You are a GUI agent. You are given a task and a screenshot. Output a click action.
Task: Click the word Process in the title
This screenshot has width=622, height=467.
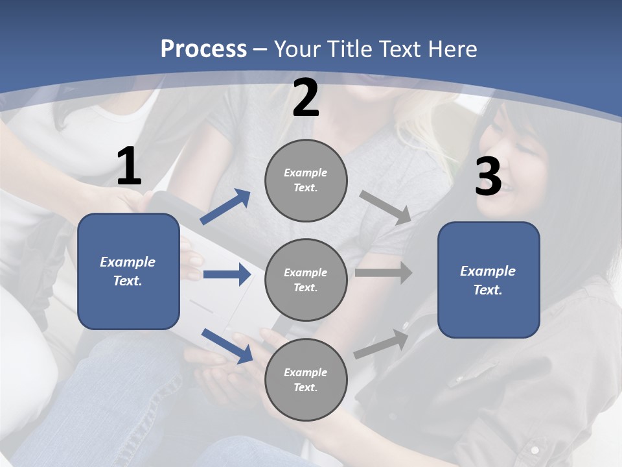(x=203, y=49)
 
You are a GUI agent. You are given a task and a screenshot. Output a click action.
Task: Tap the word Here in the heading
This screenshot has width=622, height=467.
(x=452, y=49)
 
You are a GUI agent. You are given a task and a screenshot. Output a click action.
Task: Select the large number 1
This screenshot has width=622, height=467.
(x=129, y=167)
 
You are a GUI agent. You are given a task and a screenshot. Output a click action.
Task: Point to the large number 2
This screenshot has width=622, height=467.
(x=306, y=98)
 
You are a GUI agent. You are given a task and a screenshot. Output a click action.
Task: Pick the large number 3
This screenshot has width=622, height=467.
(x=488, y=176)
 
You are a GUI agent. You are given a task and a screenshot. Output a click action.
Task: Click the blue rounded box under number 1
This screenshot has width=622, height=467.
(x=128, y=271)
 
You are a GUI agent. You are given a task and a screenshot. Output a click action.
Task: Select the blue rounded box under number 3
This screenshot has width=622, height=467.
(x=489, y=280)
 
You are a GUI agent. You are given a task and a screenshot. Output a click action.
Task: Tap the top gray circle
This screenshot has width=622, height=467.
(x=306, y=180)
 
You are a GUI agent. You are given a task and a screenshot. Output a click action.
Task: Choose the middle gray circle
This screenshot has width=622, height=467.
(x=306, y=280)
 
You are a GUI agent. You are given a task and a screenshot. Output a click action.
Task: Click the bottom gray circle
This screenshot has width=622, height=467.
(x=306, y=380)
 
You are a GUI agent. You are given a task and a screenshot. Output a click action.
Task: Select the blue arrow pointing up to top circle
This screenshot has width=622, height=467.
(x=225, y=207)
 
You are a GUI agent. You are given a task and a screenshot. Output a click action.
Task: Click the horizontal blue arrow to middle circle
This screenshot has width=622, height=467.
(x=227, y=274)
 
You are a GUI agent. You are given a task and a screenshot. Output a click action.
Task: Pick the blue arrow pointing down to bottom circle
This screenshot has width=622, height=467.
(x=227, y=346)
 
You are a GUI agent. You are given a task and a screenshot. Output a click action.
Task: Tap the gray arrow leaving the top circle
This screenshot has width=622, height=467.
(x=386, y=207)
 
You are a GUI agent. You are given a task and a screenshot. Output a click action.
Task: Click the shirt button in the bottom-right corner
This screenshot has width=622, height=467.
(x=535, y=449)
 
